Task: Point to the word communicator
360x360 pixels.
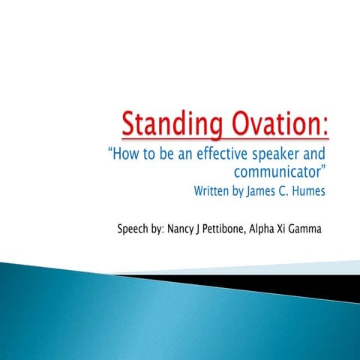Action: pos(289,172)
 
